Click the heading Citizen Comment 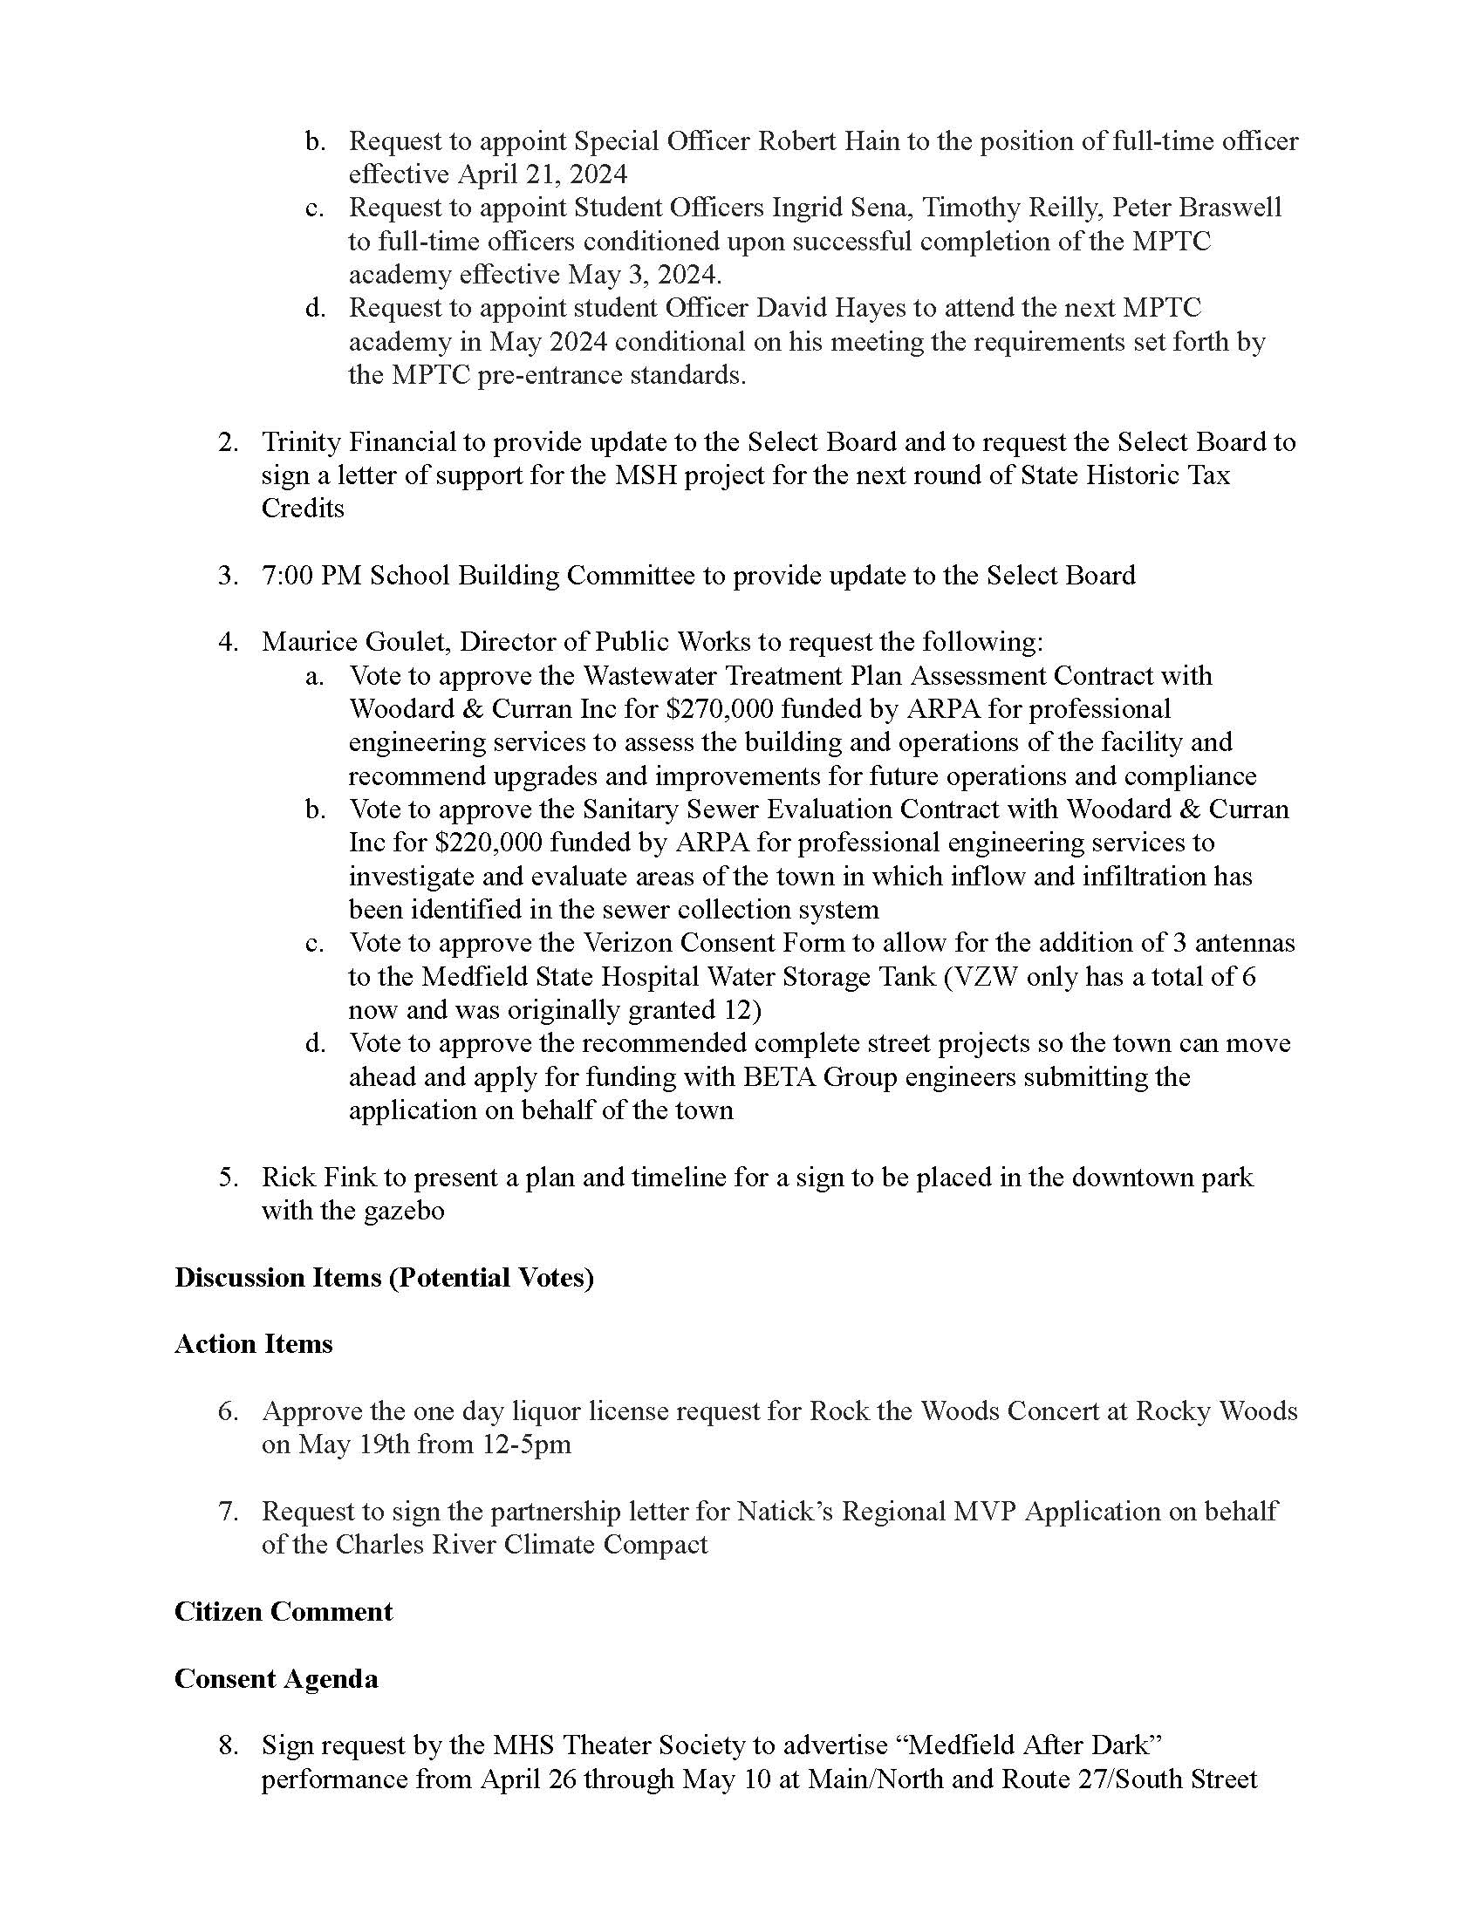(283, 1611)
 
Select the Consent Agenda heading (276, 1678)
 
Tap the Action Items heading (253, 1343)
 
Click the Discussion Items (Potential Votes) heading (384, 1277)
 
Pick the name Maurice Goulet (356, 641)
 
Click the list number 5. (228, 1177)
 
